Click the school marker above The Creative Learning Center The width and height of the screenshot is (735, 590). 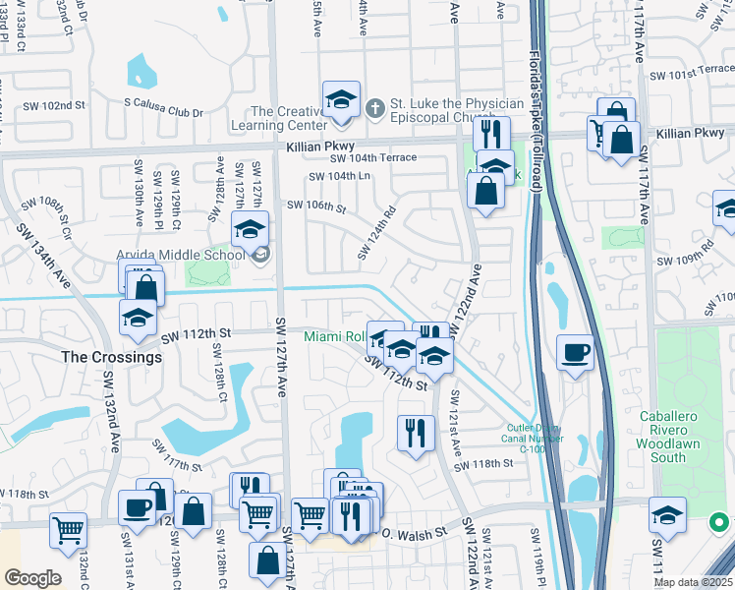click(341, 100)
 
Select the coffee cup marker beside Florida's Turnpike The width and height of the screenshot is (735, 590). click(575, 352)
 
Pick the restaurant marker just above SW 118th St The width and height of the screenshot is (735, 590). click(416, 432)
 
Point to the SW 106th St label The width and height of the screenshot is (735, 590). click(316, 206)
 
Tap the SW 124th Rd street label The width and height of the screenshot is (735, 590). click(376, 232)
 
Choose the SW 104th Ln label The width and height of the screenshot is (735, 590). click(340, 176)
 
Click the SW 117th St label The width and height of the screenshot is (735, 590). click(177, 456)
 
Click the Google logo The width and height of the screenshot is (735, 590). click(32, 577)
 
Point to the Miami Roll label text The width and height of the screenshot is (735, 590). click(334, 337)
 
